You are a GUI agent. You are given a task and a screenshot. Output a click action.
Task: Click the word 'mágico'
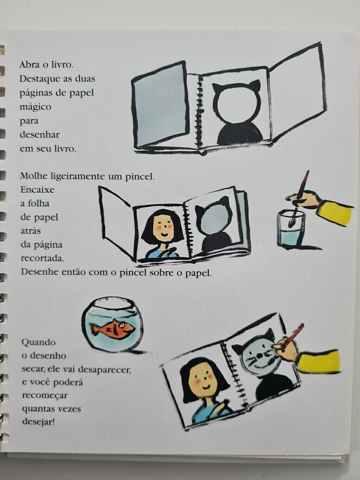[36, 107]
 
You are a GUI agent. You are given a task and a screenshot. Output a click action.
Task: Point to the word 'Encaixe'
[37, 190]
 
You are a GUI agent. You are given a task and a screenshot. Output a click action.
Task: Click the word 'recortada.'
[43, 258]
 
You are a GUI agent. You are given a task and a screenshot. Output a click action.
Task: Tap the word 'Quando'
[39, 342]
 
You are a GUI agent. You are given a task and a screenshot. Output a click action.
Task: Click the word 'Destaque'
[40, 79]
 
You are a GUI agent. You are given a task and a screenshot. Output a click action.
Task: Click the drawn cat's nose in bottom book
[259, 355]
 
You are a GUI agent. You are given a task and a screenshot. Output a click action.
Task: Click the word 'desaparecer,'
[104, 369]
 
